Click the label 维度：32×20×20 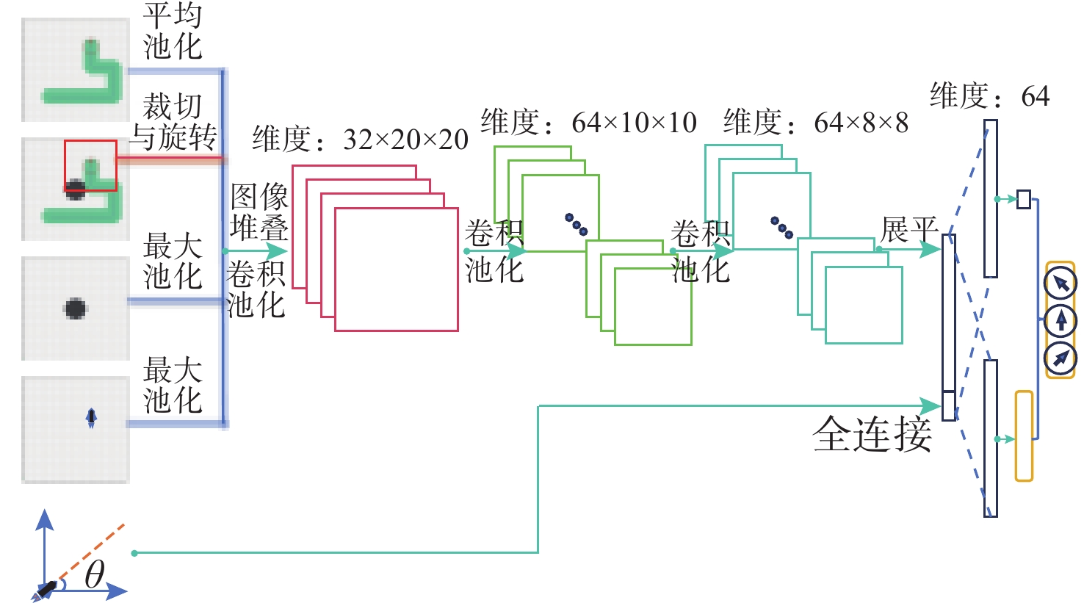pos(361,139)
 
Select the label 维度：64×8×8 pos(816,122)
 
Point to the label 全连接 pos(872,434)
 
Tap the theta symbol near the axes pos(95,574)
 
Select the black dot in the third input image pos(75,308)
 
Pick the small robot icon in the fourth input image pos(91,418)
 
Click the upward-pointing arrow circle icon pos(1060,320)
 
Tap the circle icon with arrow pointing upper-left pos(1060,284)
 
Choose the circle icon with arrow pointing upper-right pos(1060,358)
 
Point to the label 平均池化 pos(173,32)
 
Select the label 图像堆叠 pos(259,212)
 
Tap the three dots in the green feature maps pos(577,225)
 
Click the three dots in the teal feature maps pos(782,228)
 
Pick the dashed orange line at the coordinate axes pos(90,552)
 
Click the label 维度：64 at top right pos(990,95)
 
